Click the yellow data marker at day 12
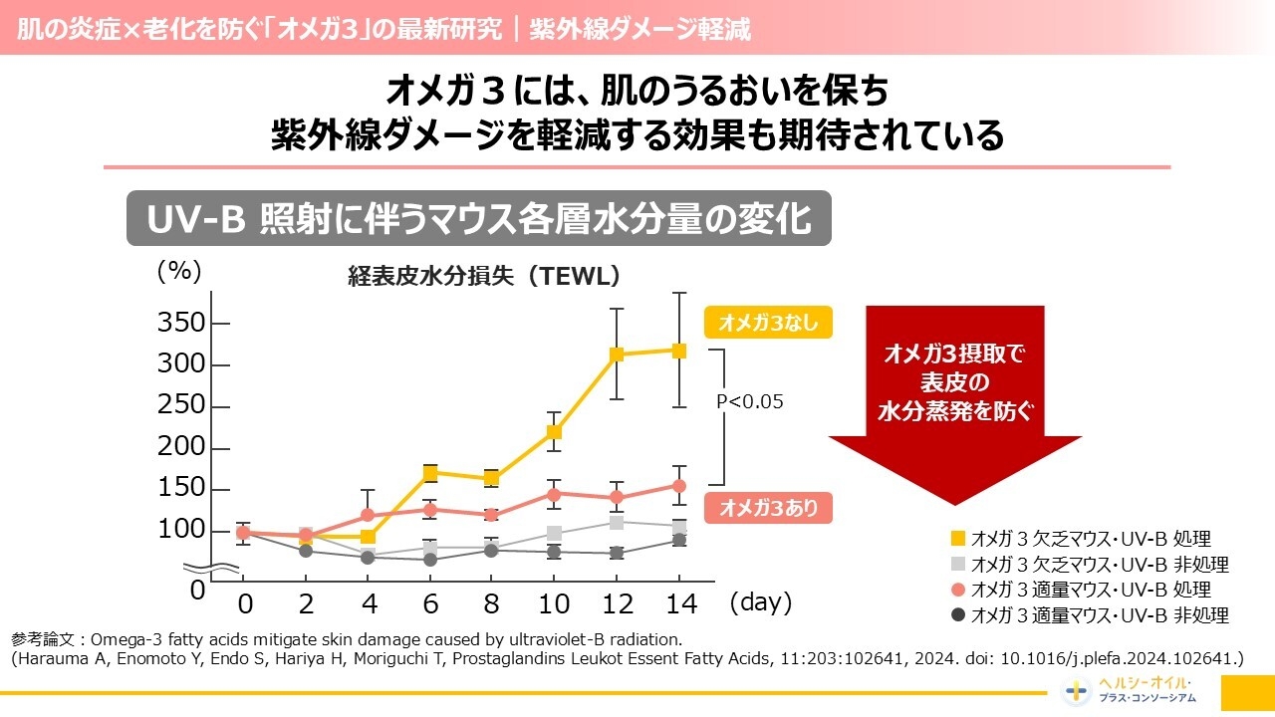(617, 354)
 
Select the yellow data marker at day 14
(679, 351)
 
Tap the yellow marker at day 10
(555, 432)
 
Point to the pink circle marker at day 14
(679, 486)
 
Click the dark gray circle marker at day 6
(430, 560)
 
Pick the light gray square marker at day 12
(617, 522)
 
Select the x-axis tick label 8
(492, 603)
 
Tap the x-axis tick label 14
(679, 603)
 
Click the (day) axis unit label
(760, 602)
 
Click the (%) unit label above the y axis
(179, 271)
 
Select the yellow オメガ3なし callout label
(767, 323)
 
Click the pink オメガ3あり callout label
(767, 508)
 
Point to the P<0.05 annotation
(750, 401)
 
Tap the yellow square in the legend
(958, 539)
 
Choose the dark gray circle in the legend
(958, 614)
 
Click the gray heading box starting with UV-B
(478, 219)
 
